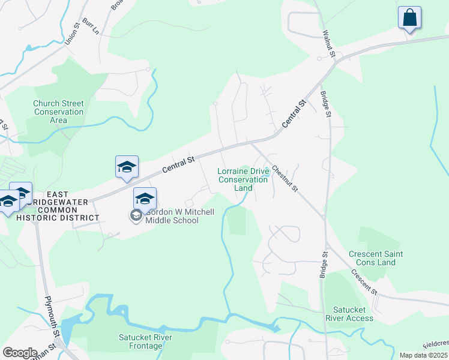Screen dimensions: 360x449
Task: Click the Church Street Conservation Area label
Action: (x=59, y=112)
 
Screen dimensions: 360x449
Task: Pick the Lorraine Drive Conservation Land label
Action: (x=243, y=179)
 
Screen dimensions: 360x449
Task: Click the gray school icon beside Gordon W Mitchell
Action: (x=136, y=215)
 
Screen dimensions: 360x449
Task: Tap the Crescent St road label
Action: (x=364, y=281)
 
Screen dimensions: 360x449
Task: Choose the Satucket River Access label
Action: (x=349, y=314)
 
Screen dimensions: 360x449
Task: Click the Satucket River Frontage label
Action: (x=146, y=341)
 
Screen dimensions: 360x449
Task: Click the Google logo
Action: (x=20, y=352)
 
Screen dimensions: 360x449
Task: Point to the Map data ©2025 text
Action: (x=424, y=355)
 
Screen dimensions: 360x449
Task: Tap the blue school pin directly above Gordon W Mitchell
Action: (x=145, y=199)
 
